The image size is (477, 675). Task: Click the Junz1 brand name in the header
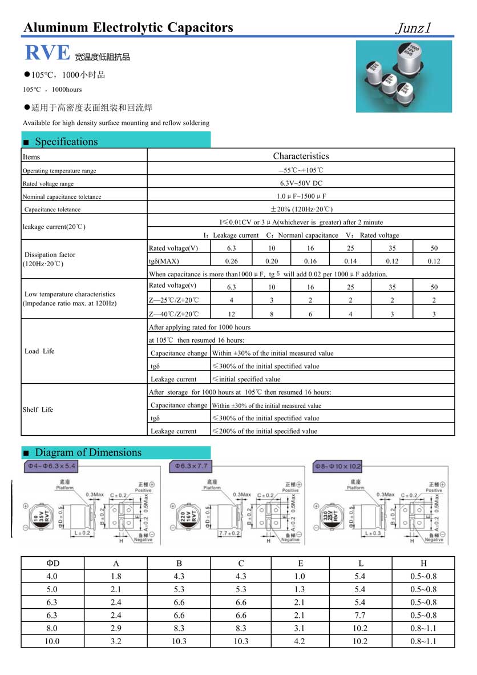[416, 27]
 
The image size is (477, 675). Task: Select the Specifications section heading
[66, 142]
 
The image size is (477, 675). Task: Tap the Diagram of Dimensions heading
[88, 452]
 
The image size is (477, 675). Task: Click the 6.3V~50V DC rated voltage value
[301, 183]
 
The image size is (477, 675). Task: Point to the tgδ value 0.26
[231, 261]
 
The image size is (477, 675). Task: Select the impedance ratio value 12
[231, 314]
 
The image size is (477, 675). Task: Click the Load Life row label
[40, 351]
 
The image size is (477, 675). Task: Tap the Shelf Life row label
[38, 409]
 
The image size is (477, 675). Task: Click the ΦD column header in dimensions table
[52, 563]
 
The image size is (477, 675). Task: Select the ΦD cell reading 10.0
[52, 641]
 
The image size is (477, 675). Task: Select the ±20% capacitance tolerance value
[301, 209]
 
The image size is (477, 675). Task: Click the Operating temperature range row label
[59, 171]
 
